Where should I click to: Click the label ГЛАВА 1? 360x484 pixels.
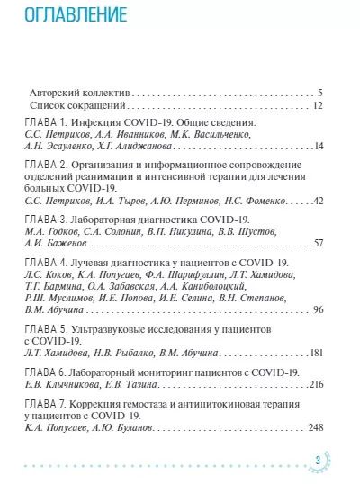pos(42,121)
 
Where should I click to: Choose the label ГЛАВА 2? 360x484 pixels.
pos(42,165)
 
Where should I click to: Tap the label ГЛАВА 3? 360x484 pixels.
pos(42,220)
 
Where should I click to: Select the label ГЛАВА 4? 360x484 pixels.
pos(42,262)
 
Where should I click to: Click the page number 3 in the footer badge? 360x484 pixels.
pos(319,464)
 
